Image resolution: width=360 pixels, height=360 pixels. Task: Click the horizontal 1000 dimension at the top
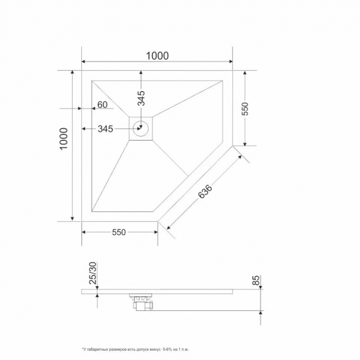tap(158, 55)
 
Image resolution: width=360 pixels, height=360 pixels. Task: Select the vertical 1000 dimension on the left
tap(63, 139)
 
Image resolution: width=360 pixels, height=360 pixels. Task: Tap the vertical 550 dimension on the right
tap(245, 108)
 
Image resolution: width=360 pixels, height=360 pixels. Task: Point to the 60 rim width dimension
tap(103, 105)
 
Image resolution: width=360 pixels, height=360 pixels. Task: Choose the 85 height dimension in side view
tap(256, 281)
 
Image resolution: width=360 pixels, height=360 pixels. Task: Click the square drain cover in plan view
tap(141, 128)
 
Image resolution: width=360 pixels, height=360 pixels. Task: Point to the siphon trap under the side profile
tap(142, 301)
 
